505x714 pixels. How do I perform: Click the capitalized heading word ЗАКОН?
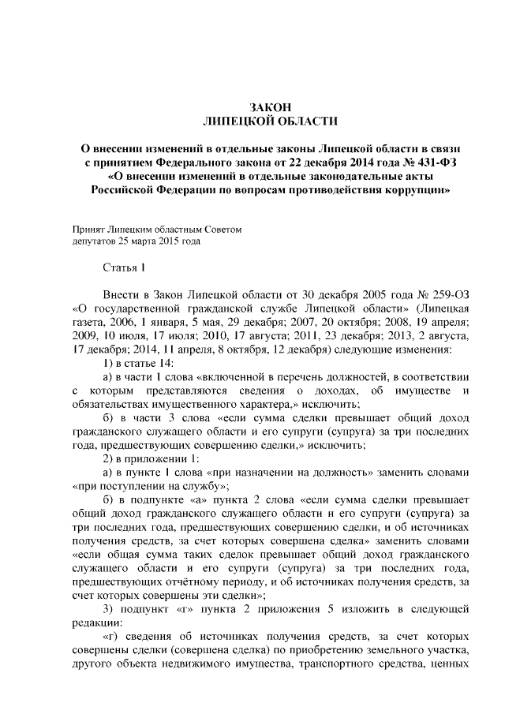(271, 107)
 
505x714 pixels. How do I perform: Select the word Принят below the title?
(88, 229)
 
